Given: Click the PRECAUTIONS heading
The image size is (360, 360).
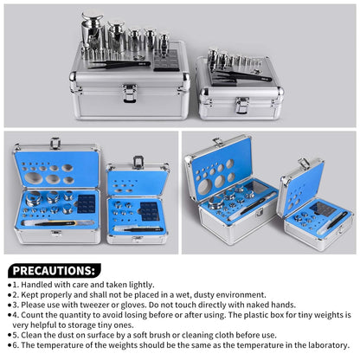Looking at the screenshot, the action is (x=54, y=271).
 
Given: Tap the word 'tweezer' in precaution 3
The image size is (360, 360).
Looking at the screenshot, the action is (x=94, y=305).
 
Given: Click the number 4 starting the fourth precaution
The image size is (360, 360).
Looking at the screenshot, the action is (x=15, y=315).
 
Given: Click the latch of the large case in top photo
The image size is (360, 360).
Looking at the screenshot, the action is (x=129, y=93).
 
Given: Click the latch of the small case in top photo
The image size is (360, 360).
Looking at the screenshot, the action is (x=241, y=105).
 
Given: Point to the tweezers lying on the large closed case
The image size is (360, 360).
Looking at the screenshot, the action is (x=119, y=65).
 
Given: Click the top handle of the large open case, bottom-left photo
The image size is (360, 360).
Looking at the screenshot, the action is (x=55, y=143).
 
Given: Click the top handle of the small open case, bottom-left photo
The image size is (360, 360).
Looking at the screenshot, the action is (x=138, y=162).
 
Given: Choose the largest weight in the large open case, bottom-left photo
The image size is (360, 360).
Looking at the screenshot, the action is (x=34, y=198).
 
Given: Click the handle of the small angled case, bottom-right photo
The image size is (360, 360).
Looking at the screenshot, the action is (x=305, y=163).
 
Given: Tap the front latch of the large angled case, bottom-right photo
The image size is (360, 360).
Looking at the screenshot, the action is (x=259, y=212).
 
